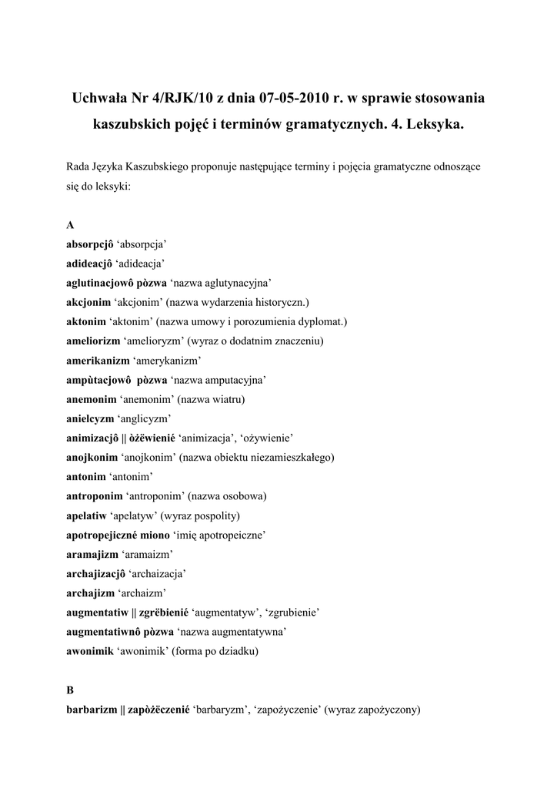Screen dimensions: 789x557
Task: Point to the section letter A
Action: click(71, 225)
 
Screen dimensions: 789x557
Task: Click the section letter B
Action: click(71, 690)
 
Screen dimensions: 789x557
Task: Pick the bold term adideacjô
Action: click(89, 264)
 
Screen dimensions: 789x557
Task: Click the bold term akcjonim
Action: click(88, 302)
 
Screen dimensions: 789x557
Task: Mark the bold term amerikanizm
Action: click(98, 361)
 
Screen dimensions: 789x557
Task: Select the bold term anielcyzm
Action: click(90, 418)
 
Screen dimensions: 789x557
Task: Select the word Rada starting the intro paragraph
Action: click(79, 166)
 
